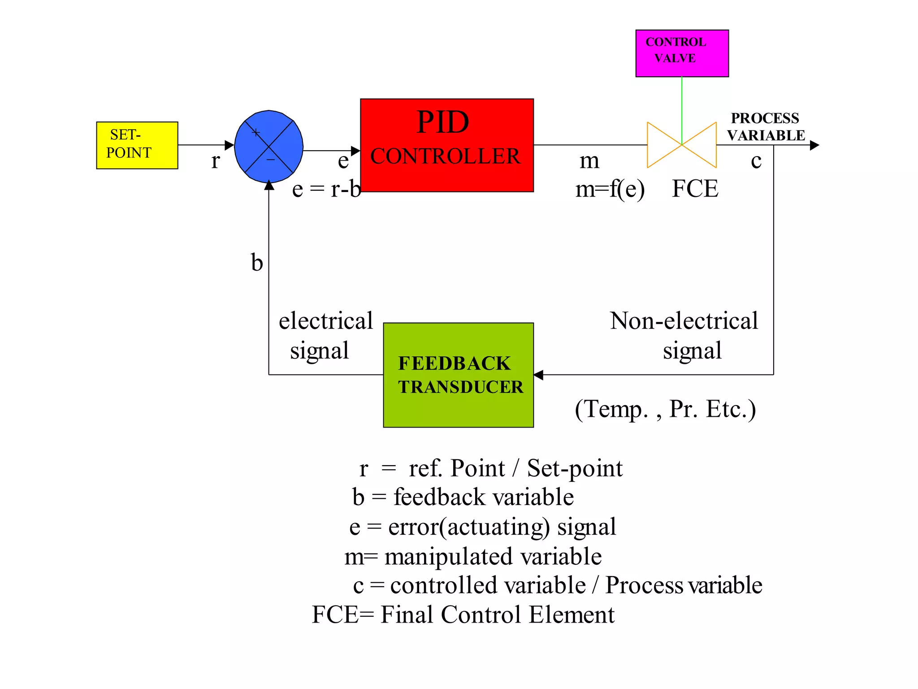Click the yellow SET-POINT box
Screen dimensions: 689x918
click(x=137, y=145)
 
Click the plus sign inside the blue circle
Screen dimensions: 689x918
click(x=255, y=132)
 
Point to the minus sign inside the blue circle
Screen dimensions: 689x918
click(x=271, y=160)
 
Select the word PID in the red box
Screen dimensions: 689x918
click(x=442, y=122)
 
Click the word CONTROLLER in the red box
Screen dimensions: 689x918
click(x=445, y=157)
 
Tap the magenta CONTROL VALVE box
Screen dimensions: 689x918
click(x=682, y=53)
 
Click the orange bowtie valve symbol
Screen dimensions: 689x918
click(x=681, y=145)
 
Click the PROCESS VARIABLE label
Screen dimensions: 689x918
click(x=766, y=126)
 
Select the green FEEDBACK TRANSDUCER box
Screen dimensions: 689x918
click(x=458, y=375)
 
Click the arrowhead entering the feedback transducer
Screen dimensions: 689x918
click(x=538, y=375)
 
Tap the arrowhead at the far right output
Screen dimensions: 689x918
click(x=814, y=145)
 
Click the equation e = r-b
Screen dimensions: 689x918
click(x=326, y=189)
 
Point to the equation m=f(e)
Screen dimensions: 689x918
click(x=610, y=189)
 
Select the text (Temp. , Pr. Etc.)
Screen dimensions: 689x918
click(x=665, y=409)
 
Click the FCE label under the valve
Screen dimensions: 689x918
click(x=695, y=188)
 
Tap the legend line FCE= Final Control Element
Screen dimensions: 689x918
click(x=463, y=615)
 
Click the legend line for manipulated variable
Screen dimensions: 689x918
click(x=473, y=557)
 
